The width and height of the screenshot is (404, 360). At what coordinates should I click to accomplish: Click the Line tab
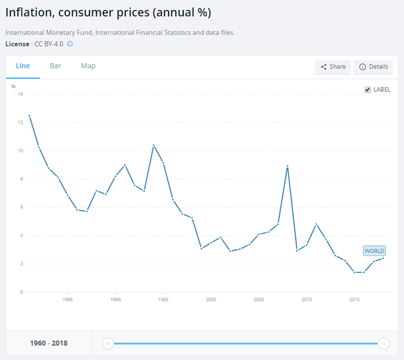tap(23, 66)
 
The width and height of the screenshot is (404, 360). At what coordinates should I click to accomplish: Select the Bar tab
tap(55, 66)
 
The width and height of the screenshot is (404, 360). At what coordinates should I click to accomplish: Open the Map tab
tap(88, 66)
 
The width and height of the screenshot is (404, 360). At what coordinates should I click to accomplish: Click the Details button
tap(373, 67)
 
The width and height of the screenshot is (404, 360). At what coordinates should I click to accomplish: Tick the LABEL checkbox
tap(368, 89)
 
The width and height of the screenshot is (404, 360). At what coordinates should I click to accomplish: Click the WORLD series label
tap(374, 251)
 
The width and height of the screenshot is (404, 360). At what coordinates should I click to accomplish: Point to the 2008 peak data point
tap(287, 166)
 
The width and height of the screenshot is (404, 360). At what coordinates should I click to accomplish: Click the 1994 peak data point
tap(154, 145)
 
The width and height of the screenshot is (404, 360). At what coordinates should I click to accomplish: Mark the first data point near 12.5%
tap(29, 115)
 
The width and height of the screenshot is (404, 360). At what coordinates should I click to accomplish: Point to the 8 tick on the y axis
tap(21, 179)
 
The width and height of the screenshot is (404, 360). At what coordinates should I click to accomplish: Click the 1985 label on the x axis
tap(68, 300)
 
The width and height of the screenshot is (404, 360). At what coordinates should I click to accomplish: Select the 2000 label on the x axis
tap(211, 300)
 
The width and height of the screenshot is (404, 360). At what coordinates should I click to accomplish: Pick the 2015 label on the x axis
tap(354, 300)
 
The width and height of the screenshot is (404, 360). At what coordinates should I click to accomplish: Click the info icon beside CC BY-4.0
tap(70, 44)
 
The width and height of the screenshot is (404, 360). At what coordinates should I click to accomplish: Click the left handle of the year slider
tap(107, 343)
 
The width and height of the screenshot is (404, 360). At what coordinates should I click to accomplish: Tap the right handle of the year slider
tap(383, 343)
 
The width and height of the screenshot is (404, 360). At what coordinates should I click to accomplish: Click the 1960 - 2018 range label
tap(48, 343)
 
